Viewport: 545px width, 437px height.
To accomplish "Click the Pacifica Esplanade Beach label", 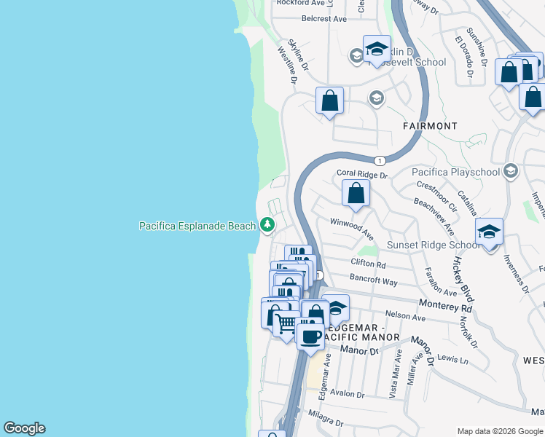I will tap(197, 226).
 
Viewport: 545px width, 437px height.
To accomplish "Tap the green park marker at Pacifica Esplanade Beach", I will tap(267, 226).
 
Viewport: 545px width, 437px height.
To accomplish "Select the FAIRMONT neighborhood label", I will tap(430, 126).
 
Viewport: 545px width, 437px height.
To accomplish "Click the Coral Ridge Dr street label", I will tap(362, 175).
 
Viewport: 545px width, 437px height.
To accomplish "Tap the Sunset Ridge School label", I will tap(434, 245).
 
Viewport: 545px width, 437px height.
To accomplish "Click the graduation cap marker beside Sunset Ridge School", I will tap(489, 233).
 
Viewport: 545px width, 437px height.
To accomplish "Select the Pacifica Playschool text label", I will tap(456, 172).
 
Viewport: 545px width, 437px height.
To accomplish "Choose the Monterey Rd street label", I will tap(446, 308).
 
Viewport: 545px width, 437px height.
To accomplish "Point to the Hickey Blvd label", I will tap(462, 279).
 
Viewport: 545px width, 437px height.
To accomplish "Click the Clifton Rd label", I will tap(368, 263).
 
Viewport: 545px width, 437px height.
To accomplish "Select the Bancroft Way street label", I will tap(374, 281).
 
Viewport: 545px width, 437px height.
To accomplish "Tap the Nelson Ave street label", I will tap(405, 318).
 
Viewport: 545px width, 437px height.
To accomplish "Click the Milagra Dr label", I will tap(325, 422).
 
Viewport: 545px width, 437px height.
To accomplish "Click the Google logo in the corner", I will tap(24, 428).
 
